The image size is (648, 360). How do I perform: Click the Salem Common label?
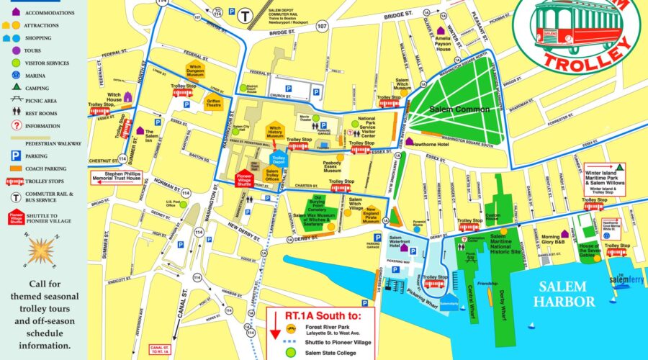[459, 109]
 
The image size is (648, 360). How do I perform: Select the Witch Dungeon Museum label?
[197, 71]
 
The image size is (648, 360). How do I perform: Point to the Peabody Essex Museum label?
[333, 167]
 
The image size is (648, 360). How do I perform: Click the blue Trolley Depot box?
[277, 158]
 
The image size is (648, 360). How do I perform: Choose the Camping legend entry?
[43, 88]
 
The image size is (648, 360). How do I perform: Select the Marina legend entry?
[43, 76]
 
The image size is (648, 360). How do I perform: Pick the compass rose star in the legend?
[42, 249]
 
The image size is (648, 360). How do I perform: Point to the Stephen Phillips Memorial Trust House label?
[117, 176]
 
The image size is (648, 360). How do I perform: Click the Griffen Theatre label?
[213, 102]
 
